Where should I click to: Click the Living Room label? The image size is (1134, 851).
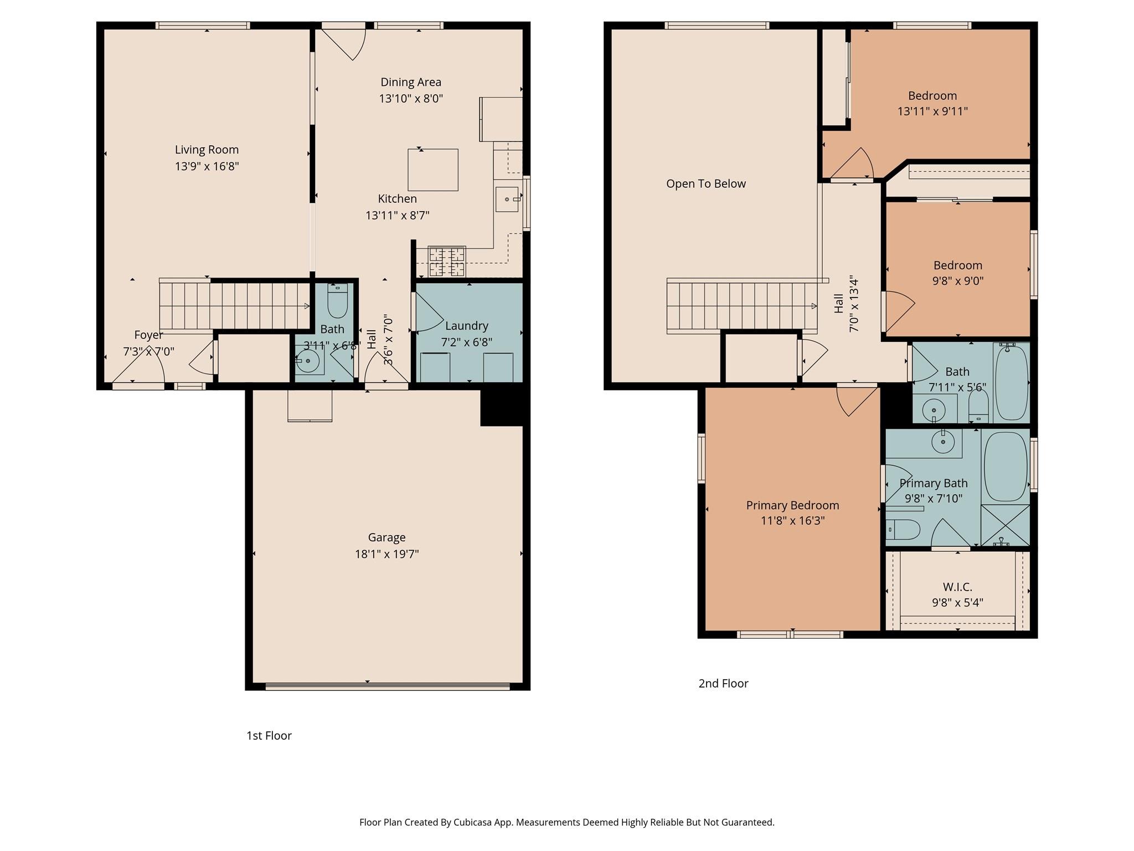[x=207, y=150]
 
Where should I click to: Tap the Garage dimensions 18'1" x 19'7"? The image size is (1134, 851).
[x=386, y=553]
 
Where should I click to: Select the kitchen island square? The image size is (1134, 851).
[x=433, y=170]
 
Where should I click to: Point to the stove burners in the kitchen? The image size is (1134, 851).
[x=447, y=262]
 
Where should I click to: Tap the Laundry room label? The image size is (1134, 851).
[x=466, y=326]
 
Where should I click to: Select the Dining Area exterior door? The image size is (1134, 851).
[x=344, y=42]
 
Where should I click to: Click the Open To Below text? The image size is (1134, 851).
[x=705, y=184]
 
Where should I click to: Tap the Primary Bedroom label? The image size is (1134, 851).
[x=792, y=505]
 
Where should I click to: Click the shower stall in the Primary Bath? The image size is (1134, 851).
[x=1005, y=525]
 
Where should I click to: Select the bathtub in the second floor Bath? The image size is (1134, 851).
[x=1011, y=382]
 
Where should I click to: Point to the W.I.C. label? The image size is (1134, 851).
[x=957, y=587]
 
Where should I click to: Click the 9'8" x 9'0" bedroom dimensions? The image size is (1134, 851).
[x=957, y=281]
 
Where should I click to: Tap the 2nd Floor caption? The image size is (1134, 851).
[x=723, y=683]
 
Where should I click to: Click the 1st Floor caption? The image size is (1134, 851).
[x=269, y=735]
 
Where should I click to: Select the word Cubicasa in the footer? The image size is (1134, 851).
[x=475, y=822]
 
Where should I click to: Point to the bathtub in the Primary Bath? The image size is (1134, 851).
[x=1006, y=466]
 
